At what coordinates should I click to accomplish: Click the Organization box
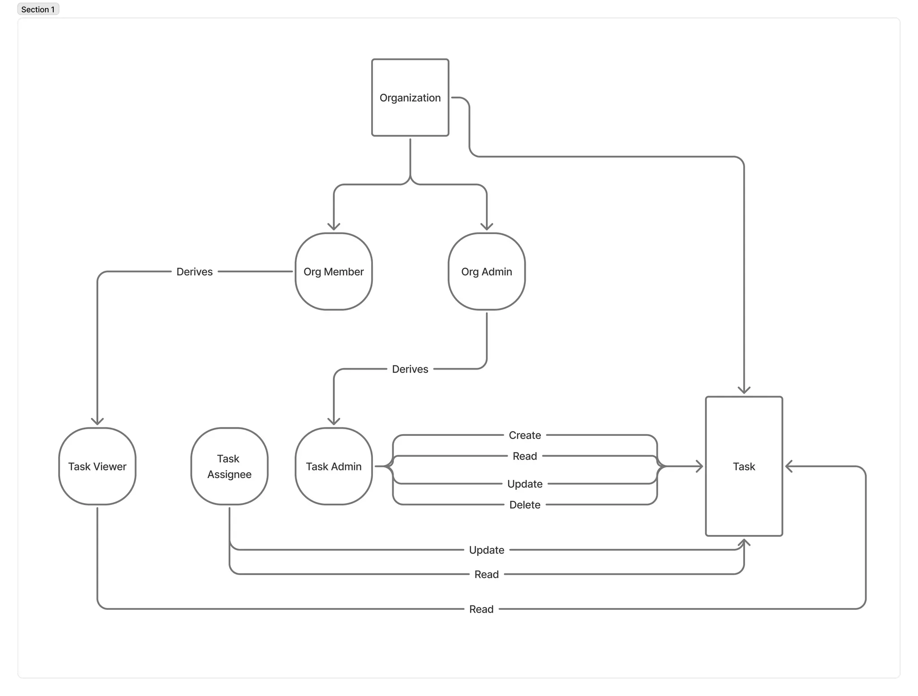pyautogui.click(x=410, y=97)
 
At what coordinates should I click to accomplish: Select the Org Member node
pyautogui.click(x=333, y=271)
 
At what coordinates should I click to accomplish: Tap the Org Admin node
pyautogui.click(x=486, y=271)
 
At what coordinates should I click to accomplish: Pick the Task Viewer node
pyautogui.click(x=97, y=466)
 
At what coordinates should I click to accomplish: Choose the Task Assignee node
pyautogui.click(x=229, y=466)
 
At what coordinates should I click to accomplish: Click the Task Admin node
pyautogui.click(x=333, y=466)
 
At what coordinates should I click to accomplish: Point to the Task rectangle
pyautogui.click(x=744, y=466)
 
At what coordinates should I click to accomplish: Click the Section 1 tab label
pyautogui.click(x=38, y=9)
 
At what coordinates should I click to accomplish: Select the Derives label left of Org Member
pyautogui.click(x=195, y=272)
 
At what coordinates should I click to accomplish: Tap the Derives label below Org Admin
pyautogui.click(x=410, y=369)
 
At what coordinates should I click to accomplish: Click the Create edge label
pyautogui.click(x=525, y=435)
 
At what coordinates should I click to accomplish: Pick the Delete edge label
pyautogui.click(x=525, y=505)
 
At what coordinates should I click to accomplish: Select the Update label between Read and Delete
pyautogui.click(x=525, y=484)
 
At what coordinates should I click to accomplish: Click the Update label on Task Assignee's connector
pyautogui.click(x=486, y=550)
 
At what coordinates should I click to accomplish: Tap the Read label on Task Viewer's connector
pyautogui.click(x=481, y=609)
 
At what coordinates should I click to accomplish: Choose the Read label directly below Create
pyautogui.click(x=525, y=456)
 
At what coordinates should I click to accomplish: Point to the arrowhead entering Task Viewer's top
pyautogui.click(x=97, y=421)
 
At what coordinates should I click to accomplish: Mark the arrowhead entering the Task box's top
pyautogui.click(x=744, y=390)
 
